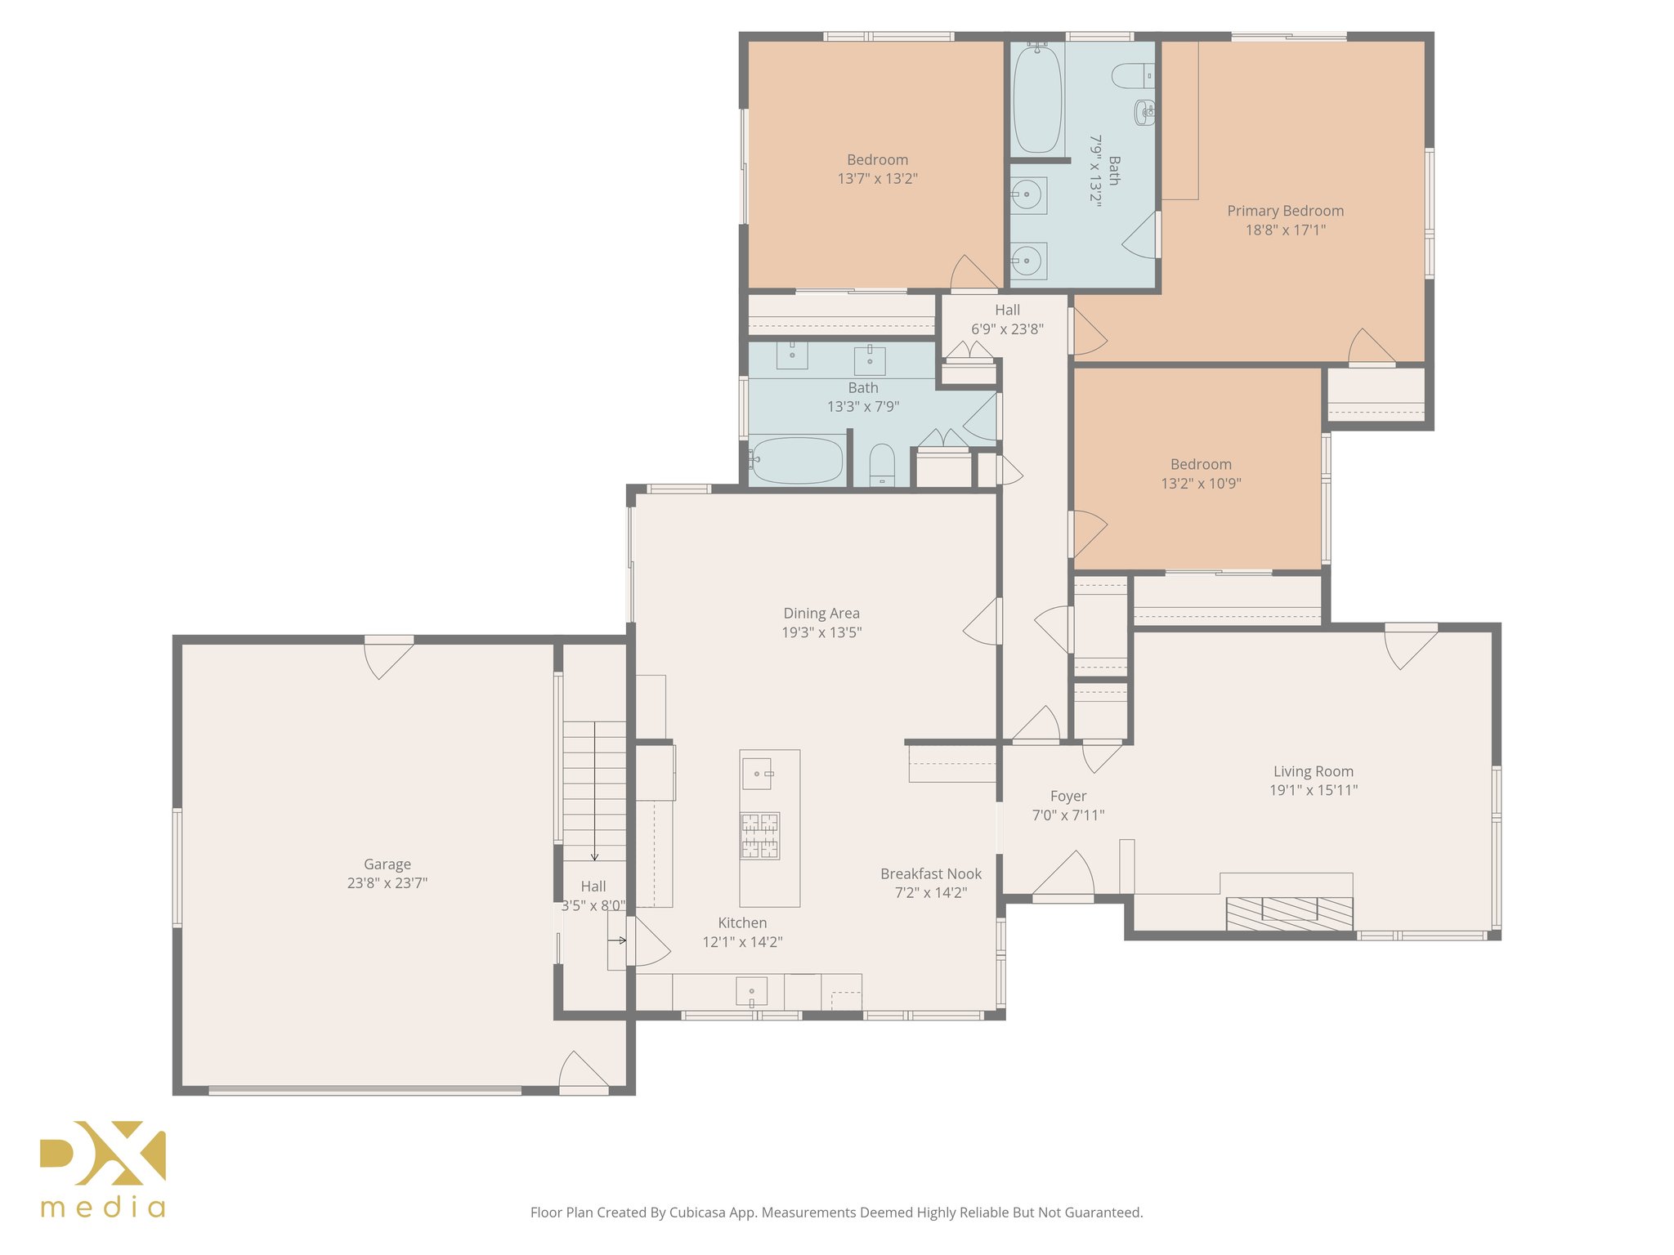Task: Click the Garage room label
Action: pos(387,864)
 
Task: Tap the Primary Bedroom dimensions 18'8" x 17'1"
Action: pos(1285,230)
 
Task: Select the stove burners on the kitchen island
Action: pos(759,835)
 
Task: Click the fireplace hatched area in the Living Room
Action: pos(1289,913)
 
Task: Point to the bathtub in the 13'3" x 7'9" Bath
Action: pos(796,461)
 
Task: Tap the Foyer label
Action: pos(1068,796)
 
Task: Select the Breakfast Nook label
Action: pos(930,873)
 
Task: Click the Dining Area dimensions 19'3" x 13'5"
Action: pos(821,632)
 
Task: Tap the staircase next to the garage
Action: pos(594,788)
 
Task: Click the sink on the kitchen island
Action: pos(756,773)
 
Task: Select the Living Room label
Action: pos(1313,771)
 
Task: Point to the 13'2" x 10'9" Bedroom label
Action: pos(1201,464)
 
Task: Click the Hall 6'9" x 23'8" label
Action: pos(1007,310)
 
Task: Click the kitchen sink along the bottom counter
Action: pos(751,991)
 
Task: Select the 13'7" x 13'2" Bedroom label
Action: pos(877,160)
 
